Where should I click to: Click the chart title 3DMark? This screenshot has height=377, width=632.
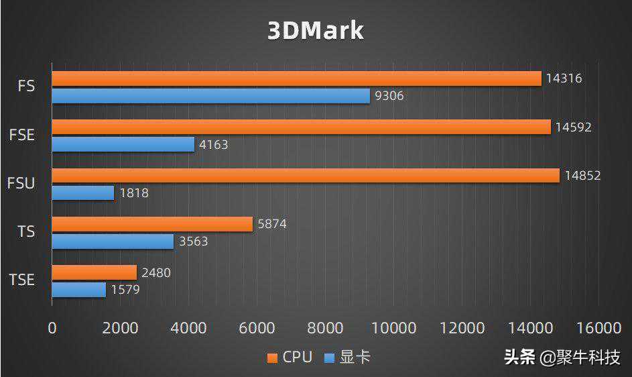(316, 31)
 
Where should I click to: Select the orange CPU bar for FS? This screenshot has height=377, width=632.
(296, 78)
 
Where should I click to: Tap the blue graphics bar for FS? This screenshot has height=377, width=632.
(210, 96)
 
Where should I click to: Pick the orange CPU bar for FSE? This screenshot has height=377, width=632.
(301, 127)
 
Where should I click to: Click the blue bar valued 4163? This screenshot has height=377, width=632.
(123, 144)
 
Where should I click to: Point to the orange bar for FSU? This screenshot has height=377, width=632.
(305, 176)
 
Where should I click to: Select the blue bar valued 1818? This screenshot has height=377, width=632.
(83, 193)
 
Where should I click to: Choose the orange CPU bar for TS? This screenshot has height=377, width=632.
(152, 224)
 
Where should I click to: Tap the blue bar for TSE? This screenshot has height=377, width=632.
(79, 290)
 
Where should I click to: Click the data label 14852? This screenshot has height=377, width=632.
(582, 176)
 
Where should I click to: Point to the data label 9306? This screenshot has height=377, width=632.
(389, 96)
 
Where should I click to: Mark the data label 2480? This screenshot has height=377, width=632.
(156, 272)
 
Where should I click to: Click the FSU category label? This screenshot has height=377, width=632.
(21, 183)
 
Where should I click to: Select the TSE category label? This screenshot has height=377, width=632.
(21, 280)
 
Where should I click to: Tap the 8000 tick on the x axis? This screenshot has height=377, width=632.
(326, 328)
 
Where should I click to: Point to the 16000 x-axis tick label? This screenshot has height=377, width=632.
(598, 328)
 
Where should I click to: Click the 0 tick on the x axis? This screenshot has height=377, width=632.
(52, 328)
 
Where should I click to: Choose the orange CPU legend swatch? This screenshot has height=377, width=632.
(272, 358)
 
